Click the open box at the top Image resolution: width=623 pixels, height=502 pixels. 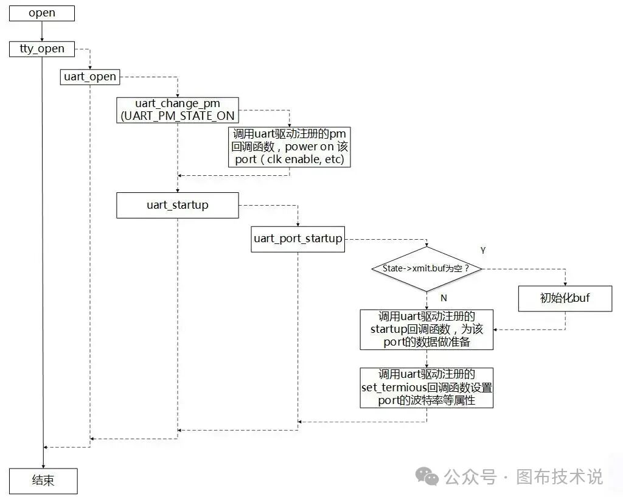coord(42,13)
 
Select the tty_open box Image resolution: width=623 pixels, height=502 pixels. coord(42,49)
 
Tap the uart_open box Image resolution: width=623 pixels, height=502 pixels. coord(90,77)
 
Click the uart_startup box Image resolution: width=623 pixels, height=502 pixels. coord(177,205)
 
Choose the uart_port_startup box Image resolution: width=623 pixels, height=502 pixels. coord(298,239)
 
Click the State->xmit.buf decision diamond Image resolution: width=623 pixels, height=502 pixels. coord(426,268)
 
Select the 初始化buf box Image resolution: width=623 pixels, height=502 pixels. coord(565,298)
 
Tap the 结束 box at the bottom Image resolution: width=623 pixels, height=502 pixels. coord(43,481)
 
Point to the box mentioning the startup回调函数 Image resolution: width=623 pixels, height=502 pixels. coord(426,329)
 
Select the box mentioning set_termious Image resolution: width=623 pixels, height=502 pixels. coord(426,388)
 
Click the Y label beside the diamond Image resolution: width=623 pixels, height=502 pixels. coord(483,251)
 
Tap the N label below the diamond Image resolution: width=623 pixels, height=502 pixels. coord(444,299)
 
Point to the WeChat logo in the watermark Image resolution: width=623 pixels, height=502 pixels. coord(430,478)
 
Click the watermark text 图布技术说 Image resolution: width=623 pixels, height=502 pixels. coord(560,477)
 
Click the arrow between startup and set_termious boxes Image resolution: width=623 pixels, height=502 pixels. coord(426,358)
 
